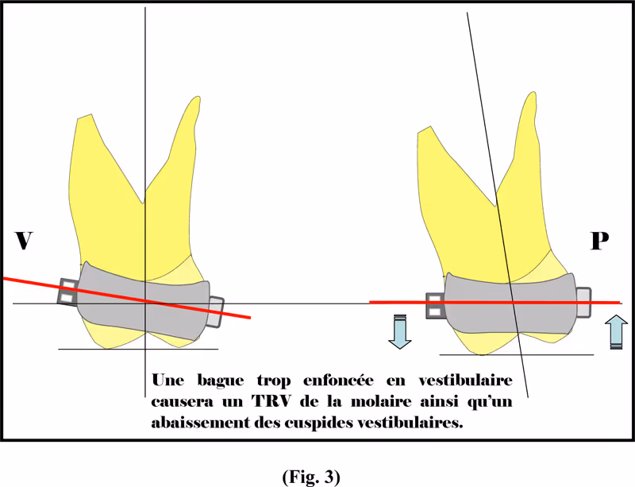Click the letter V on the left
click(24, 241)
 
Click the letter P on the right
click(599, 241)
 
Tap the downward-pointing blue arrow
click(398, 331)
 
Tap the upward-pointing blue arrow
click(615, 331)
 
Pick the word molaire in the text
click(410, 401)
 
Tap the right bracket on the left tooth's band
click(215, 312)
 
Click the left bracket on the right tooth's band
click(435, 306)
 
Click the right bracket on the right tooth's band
click(583, 302)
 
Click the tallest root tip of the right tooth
click(529, 95)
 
